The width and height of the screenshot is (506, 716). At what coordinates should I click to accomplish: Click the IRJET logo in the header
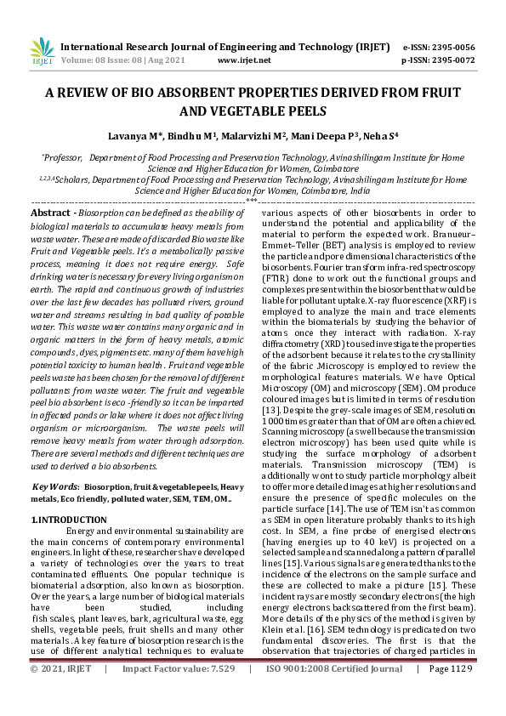[41, 50]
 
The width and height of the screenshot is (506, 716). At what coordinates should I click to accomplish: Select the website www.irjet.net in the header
[244, 61]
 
